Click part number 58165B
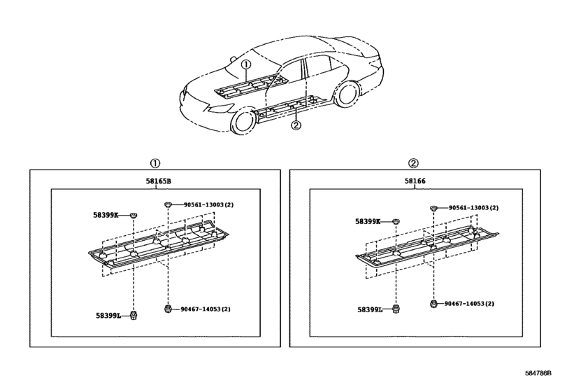point(159,181)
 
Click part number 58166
point(415,181)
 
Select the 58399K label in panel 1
point(106,215)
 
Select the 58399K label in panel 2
point(368,221)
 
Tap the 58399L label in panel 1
point(108,316)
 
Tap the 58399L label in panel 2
point(370,309)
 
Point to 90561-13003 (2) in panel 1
point(208,205)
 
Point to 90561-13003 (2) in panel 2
point(474,208)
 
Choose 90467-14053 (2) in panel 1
point(206,309)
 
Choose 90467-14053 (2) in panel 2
point(469,303)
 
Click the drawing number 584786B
point(538,373)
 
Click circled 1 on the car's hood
point(246,64)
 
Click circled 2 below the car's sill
point(296,125)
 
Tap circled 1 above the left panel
point(155,163)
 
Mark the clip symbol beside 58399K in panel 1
point(134,216)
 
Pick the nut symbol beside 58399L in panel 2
point(396,309)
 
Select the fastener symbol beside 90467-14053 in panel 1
point(167,309)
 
